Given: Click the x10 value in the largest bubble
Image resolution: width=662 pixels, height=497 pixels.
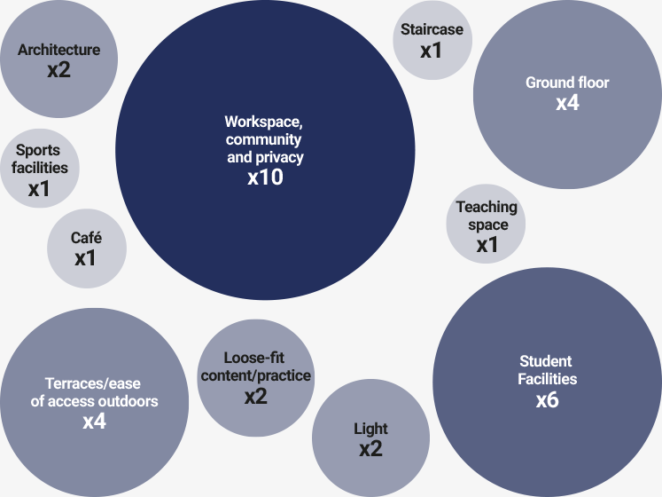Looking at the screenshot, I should click(x=265, y=177).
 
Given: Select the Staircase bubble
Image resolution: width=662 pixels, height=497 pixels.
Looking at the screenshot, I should click(x=432, y=40).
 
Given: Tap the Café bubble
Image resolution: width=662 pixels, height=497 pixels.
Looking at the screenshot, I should click(x=86, y=248).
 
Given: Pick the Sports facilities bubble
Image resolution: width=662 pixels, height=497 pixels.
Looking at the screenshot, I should click(x=39, y=170).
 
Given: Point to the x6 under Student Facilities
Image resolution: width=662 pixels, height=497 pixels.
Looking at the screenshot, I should click(x=547, y=399).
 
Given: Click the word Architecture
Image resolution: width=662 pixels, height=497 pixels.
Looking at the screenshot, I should click(x=58, y=50).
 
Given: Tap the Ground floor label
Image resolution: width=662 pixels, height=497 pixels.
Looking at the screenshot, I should click(x=567, y=83).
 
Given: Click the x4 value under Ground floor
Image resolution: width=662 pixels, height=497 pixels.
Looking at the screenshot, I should click(x=567, y=103).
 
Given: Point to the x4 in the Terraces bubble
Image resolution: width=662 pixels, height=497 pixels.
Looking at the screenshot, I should click(x=95, y=422).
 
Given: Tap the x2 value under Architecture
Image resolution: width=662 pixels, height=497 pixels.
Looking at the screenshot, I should click(x=58, y=69).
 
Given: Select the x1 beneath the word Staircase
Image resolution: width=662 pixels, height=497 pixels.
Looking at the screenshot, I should click(x=432, y=51).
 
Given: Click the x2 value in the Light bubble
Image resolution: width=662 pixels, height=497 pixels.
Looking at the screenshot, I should click(x=370, y=449).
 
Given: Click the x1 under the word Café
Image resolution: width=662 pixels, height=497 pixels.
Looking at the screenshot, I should click(x=86, y=258).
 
